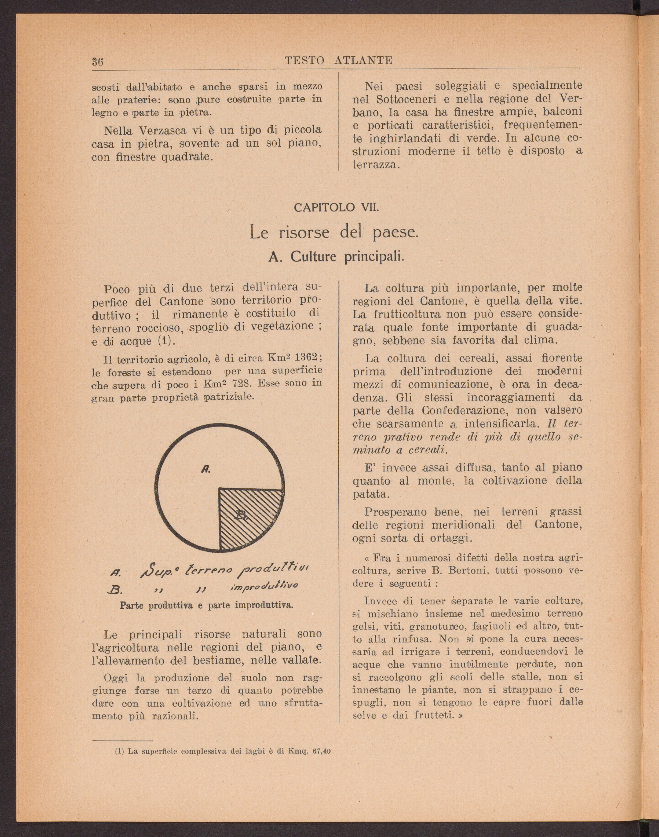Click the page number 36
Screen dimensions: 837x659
pyautogui.click(x=97, y=62)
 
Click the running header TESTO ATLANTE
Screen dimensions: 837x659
pyautogui.click(x=338, y=61)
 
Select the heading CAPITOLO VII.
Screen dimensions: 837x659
pyautogui.click(x=336, y=208)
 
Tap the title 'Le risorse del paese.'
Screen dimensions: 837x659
pyautogui.click(x=334, y=233)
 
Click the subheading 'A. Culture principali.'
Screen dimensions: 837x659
pyautogui.click(x=336, y=257)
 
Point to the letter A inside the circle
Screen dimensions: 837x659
pyautogui.click(x=206, y=469)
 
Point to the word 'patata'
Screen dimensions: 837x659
pyautogui.click(x=369, y=494)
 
